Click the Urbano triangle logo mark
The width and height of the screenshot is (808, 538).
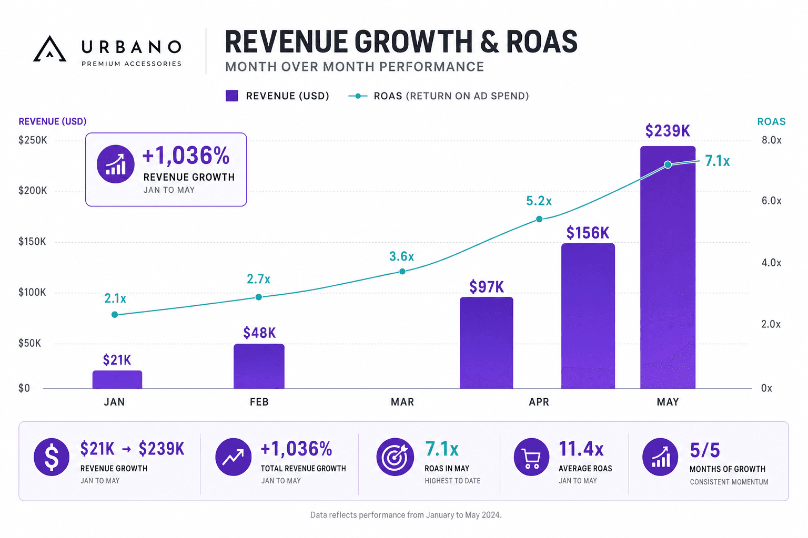click(x=50, y=49)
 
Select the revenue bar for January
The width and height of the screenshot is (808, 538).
click(x=117, y=379)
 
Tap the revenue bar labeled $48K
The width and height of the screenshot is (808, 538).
click(x=259, y=366)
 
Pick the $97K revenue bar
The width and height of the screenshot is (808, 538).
click(x=486, y=343)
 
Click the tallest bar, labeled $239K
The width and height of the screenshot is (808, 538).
click(x=668, y=267)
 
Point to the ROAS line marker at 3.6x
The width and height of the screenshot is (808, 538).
click(x=402, y=271)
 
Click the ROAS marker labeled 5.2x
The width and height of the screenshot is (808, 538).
click(x=539, y=219)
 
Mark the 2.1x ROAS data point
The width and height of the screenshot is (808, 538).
click(x=115, y=315)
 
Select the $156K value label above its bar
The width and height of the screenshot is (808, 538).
click(x=588, y=233)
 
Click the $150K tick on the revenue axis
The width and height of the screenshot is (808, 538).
click(x=32, y=242)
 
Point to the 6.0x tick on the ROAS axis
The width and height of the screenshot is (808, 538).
click(x=771, y=201)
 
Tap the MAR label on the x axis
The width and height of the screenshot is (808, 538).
click(x=402, y=402)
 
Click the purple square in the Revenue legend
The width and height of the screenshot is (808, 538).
click(x=231, y=96)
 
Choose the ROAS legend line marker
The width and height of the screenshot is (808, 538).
click(x=358, y=96)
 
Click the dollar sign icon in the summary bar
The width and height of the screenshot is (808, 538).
click(x=52, y=457)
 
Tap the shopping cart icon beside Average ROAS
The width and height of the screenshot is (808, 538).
click(x=532, y=457)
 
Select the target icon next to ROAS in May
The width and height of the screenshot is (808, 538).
click(x=395, y=457)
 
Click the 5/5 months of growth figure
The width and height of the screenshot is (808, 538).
click(x=705, y=450)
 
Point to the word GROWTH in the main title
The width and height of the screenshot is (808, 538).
click(x=413, y=42)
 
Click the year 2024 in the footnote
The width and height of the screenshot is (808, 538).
click(x=491, y=515)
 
